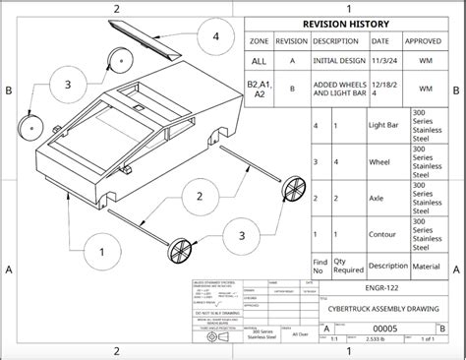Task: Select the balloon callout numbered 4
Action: coord(215,39)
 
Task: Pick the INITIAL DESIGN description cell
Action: coord(339,62)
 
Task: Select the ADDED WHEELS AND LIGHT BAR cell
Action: coord(339,90)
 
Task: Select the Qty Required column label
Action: coord(346,265)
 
